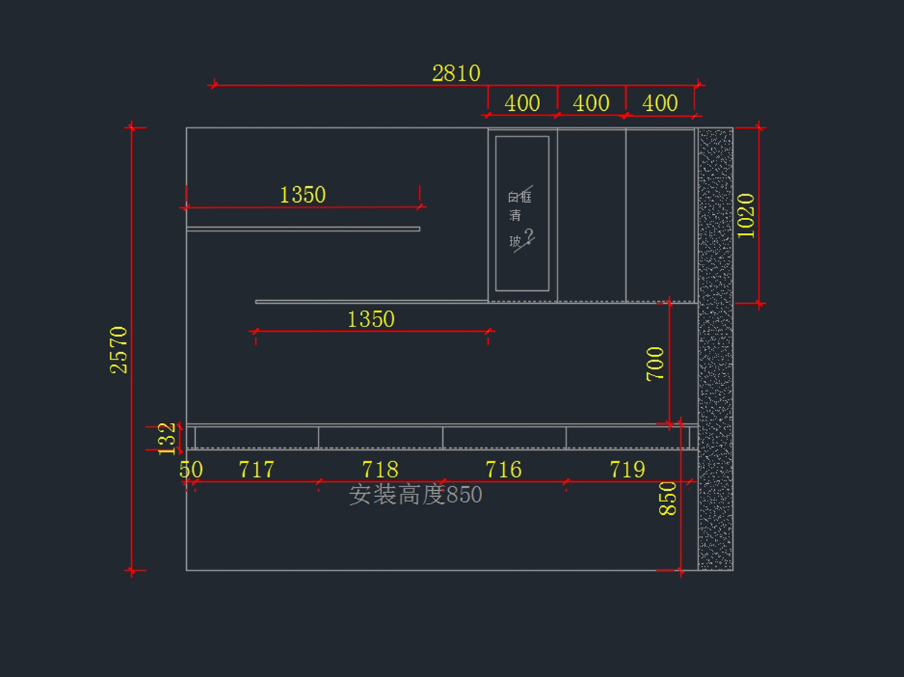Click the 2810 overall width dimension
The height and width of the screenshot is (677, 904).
point(456,73)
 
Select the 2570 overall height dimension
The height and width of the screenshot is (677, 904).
point(119,349)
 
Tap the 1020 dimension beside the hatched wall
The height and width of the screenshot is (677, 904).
point(746,216)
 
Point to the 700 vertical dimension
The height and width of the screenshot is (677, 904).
point(655,363)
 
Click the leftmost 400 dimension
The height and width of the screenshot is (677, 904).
point(522,103)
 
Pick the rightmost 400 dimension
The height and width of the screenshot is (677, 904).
point(660,103)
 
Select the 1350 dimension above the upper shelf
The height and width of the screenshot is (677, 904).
point(303,195)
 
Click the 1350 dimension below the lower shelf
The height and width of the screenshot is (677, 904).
point(371,319)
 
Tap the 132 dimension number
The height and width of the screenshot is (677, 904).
point(166,438)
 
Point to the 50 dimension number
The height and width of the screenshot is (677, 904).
point(191,470)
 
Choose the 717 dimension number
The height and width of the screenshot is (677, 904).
point(256,470)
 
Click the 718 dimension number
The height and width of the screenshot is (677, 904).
point(380,470)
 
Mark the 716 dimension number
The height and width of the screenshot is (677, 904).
point(503,470)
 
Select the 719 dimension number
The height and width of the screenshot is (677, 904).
point(627,470)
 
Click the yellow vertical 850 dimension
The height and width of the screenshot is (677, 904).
point(668,498)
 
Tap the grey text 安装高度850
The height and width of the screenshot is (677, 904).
point(415,495)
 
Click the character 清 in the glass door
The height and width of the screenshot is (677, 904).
point(515,216)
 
